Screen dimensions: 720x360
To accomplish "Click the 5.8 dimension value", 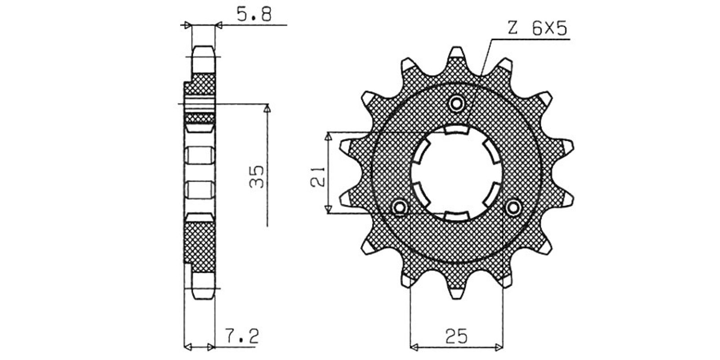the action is tap(254, 14).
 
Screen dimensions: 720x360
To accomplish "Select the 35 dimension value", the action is tap(257, 176).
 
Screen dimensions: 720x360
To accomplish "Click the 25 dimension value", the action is tap(456, 336).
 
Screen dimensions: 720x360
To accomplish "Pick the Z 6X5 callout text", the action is tap(537, 28).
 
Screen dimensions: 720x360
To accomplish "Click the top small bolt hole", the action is tap(457, 103).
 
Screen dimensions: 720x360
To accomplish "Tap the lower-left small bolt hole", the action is tap(400, 207).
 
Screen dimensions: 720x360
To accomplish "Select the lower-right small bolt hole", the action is tap(513, 207).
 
